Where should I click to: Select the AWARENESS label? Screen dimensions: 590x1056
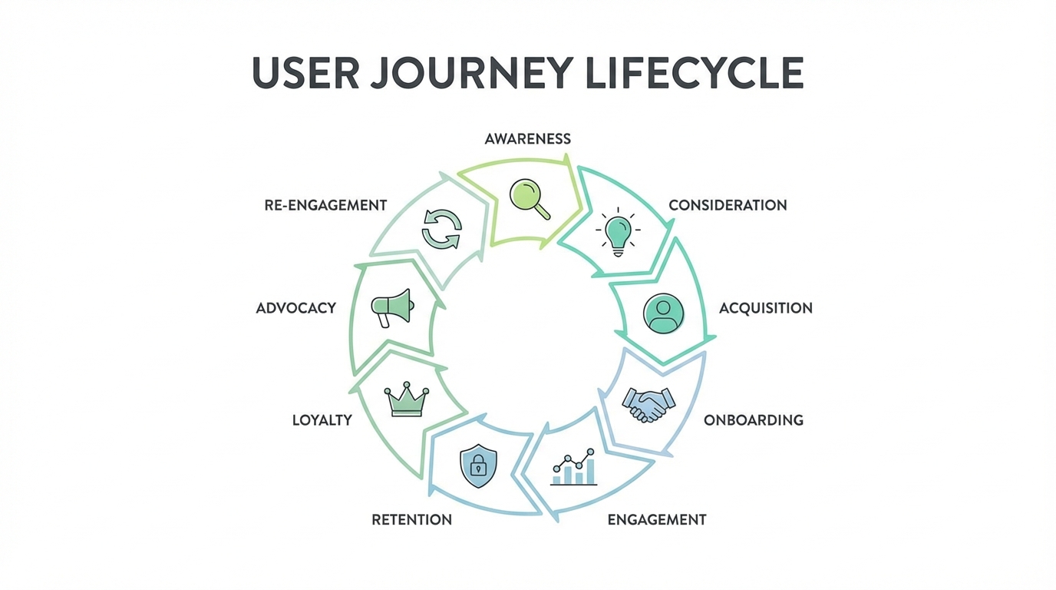528,139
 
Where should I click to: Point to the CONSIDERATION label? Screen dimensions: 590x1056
728,206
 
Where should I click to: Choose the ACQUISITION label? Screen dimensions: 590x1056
765,308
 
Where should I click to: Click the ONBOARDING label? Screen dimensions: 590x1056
754,420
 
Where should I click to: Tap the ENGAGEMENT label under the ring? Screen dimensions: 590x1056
656,520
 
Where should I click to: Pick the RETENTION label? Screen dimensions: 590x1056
411,520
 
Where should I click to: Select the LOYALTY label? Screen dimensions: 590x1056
322,420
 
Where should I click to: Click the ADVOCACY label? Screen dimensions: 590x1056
296,308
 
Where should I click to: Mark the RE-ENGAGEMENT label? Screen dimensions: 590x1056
325,206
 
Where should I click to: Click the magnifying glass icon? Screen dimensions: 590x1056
530,197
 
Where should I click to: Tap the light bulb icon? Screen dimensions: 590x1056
619,232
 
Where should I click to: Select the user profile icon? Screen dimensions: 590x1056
663,313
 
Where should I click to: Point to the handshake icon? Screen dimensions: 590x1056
648,404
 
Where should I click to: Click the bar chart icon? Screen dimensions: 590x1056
574,468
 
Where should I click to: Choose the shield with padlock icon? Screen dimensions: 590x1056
478,466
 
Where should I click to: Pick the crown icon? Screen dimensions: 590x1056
406,400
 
